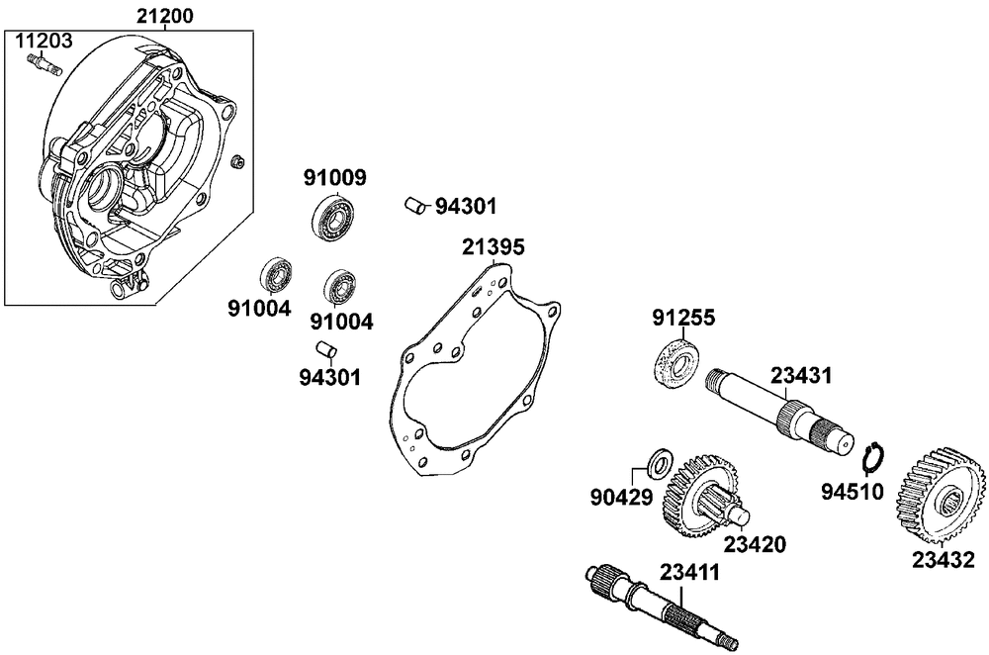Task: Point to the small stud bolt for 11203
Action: [45, 66]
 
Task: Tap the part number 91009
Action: [334, 178]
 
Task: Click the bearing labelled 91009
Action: [333, 217]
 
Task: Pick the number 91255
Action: [683, 318]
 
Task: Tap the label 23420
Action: [755, 543]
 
